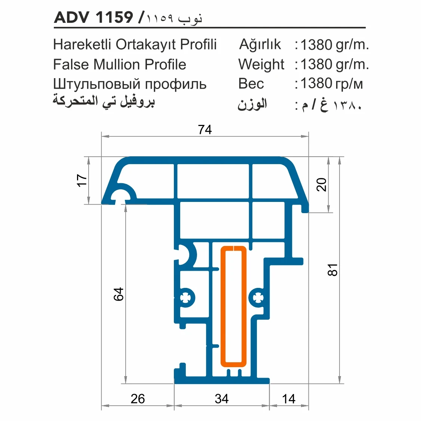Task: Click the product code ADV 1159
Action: (93, 17)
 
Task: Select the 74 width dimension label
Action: (205, 130)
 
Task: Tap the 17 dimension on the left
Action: (82, 180)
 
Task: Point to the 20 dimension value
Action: (322, 185)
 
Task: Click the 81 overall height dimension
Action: (332, 270)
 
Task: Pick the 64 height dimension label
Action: (119, 294)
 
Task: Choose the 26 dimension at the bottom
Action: (138, 399)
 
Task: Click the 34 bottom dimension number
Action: (222, 399)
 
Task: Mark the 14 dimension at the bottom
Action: (289, 399)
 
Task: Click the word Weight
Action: (261, 64)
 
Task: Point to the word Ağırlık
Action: (260, 44)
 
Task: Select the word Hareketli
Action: (82, 44)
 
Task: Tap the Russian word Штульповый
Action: (97, 84)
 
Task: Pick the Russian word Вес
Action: (251, 84)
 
